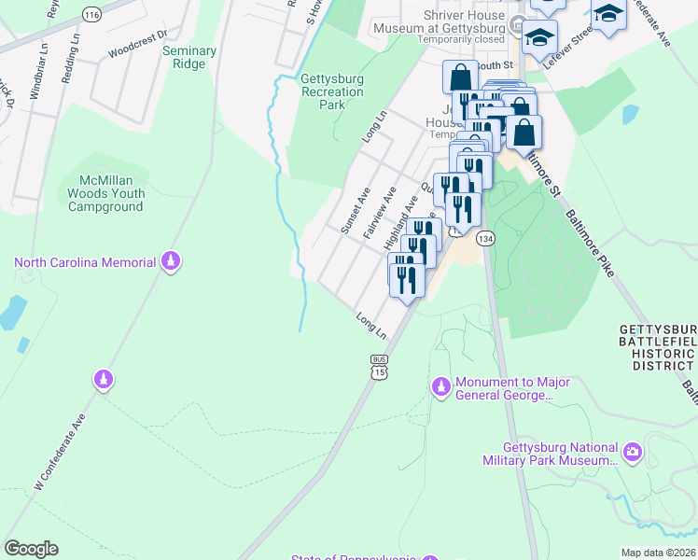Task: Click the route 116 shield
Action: pyautogui.click(x=91, y=15)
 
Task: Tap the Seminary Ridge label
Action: pyautogui.click(x=189, y=58)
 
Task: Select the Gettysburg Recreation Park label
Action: pyautogui.click(x=331, y=91)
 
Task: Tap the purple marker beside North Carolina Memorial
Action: pyautogui.click(x=170, y=262)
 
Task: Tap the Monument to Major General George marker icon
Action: pyautogui.click(x=440, y=385)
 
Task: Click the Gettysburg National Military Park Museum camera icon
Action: pyautogui.click(x=633, y=453)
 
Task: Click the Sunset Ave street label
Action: pyautogui.click(x=355, y=210)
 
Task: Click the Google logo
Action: pyautogui.click(x=31, y=549)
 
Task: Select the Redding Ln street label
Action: pyautogui.click(x=66, y=63)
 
